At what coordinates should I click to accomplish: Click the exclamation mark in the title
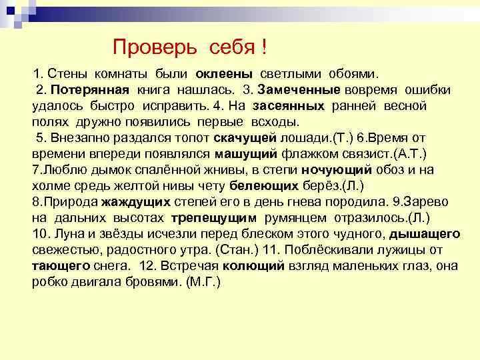265,47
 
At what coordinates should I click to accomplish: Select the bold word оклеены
224,73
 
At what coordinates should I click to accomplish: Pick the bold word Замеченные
299,89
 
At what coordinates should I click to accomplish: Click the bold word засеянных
288,106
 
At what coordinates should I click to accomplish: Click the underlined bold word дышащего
424,234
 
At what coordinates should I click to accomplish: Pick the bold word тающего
61,265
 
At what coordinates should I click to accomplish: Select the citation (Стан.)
229,250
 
